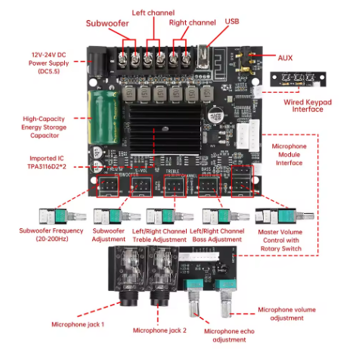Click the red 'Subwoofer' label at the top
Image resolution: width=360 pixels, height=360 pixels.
108,23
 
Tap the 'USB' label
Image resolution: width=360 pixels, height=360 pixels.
232,21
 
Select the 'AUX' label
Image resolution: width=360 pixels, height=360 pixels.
285,58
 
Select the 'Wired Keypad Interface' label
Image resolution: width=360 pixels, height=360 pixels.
307,106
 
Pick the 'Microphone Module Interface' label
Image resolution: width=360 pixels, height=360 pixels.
289,154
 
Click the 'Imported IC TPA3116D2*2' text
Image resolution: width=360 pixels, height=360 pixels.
47,162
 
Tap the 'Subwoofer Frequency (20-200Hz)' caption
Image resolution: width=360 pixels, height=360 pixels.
51,234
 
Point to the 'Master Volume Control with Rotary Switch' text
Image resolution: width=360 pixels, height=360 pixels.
280,240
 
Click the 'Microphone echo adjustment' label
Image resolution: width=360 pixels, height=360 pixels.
229,335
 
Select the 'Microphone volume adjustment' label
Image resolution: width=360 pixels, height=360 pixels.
286,314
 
